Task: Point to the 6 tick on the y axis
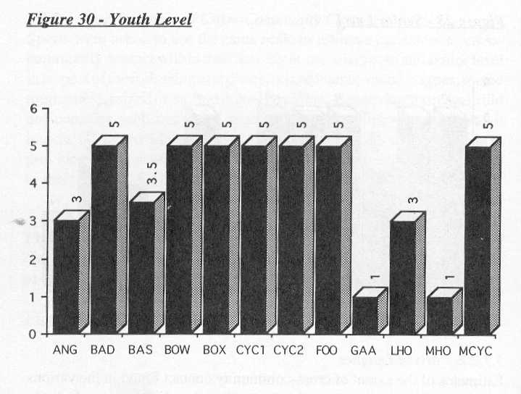point(33,109)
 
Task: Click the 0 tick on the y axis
point(33,335)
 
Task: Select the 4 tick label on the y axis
point(33,184)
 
